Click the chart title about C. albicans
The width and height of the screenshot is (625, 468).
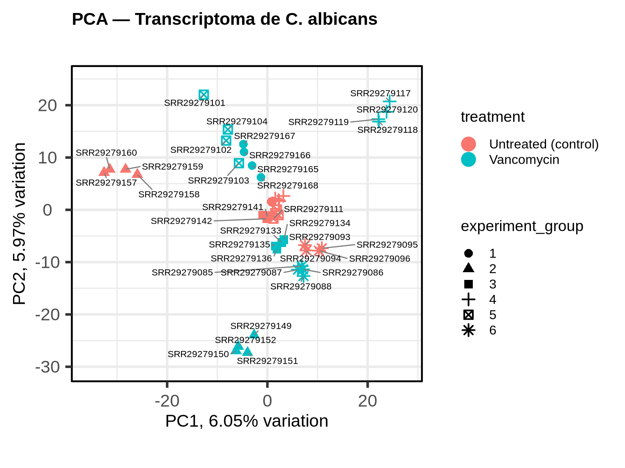pyautogui.click(x=225, y=19)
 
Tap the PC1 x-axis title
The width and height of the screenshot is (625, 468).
pyautogui.click(x=247, y=421)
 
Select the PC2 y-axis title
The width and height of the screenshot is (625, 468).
pyautogui.click(x=19, y=223)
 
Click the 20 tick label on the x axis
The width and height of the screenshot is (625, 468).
pyautogui.click(x=367, y=401)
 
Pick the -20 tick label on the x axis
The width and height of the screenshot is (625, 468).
pyautogui.click(x=167, y=401)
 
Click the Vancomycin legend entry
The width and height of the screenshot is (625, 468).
pyautogui.click(x=524, y=160)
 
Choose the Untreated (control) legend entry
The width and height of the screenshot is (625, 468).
pyautogui.click(x=544, y=144)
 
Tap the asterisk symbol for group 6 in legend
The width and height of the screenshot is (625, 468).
pyautogui.click(x=468, y=330)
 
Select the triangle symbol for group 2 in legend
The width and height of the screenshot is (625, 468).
pyautogui.click(x=468, y=268)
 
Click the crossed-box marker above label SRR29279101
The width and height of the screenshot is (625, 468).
pyautogui.click(x=204, y=95)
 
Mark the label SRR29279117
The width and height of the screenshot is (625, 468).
pyautogui.click(x=380, y=93)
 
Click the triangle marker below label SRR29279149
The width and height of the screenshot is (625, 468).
pyautogui.click(x=254, y=334)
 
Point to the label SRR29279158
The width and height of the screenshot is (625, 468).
pyautogui.click(x=169, y=195)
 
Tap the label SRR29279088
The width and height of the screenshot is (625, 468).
pyautogui.click(x=301, y=287)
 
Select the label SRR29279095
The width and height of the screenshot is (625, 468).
pyautogui.click(x=387, y=245)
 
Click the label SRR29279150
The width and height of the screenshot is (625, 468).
pyautogui.click(x=198, y=354)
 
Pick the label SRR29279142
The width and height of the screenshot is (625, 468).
pyautogui.click(x=181, y=221)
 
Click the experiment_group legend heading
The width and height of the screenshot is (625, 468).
pyautogui.click(x=522, y=226)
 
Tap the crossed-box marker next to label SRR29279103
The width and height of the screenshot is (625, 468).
pyautogui.click(x=239, y=163)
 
